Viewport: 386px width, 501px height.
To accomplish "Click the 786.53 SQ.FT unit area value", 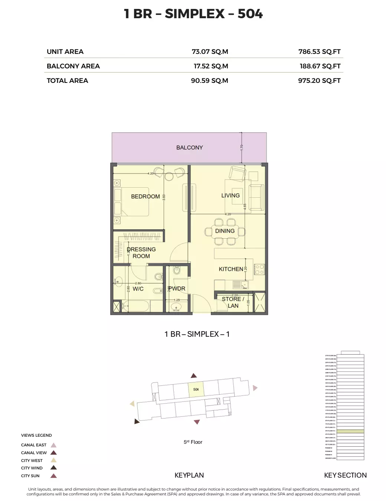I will pyautogui.click(x=319, y=52).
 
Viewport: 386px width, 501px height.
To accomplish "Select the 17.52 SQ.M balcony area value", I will pyautogui.click(x=211, y=66).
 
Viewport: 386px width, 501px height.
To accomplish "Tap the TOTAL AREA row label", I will pyautogui.click(x=67, y=81).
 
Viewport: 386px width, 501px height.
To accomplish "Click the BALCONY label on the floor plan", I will pyautogui.click(x=189, y=148).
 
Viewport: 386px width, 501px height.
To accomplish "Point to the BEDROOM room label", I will pyautogui.click(x=145, y=196).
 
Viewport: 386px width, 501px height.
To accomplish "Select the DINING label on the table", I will pyautogui.click(x=225, y=231).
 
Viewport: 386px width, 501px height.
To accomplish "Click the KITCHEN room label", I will pyautogui.click(x=231, y=269).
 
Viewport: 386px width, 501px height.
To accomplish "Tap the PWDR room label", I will pyautogui.click(x=177, y=288).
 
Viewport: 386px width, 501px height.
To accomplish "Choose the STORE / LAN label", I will pyautogui.click(x=233, y=302).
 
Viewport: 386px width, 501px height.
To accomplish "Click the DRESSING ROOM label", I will pyautogui.click(x=141, y=253).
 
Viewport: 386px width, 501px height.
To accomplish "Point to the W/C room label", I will pyautogui.click(x=138, y=289).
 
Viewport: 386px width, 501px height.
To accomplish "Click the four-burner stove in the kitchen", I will pyautogui.click(x=259, y=269).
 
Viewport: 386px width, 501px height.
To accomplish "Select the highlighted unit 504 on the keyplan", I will pyautogui.click(x=196, y=390).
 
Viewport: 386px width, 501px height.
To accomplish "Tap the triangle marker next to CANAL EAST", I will pyautogui.click(x=53, y=445).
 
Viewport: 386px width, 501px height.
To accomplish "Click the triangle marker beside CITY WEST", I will pyautogui.click(x=53, y=460).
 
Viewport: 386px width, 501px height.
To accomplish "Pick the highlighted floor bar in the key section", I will pyautogui.click(x=350, y=431).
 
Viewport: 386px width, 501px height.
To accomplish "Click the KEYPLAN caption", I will pyautogui.click(x=189, y=475).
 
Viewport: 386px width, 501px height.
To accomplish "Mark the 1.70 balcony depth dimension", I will pyautogui.click(x=242, y=147).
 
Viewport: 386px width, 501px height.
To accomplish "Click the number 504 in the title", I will pyautogui.click(x=250, y=14).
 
